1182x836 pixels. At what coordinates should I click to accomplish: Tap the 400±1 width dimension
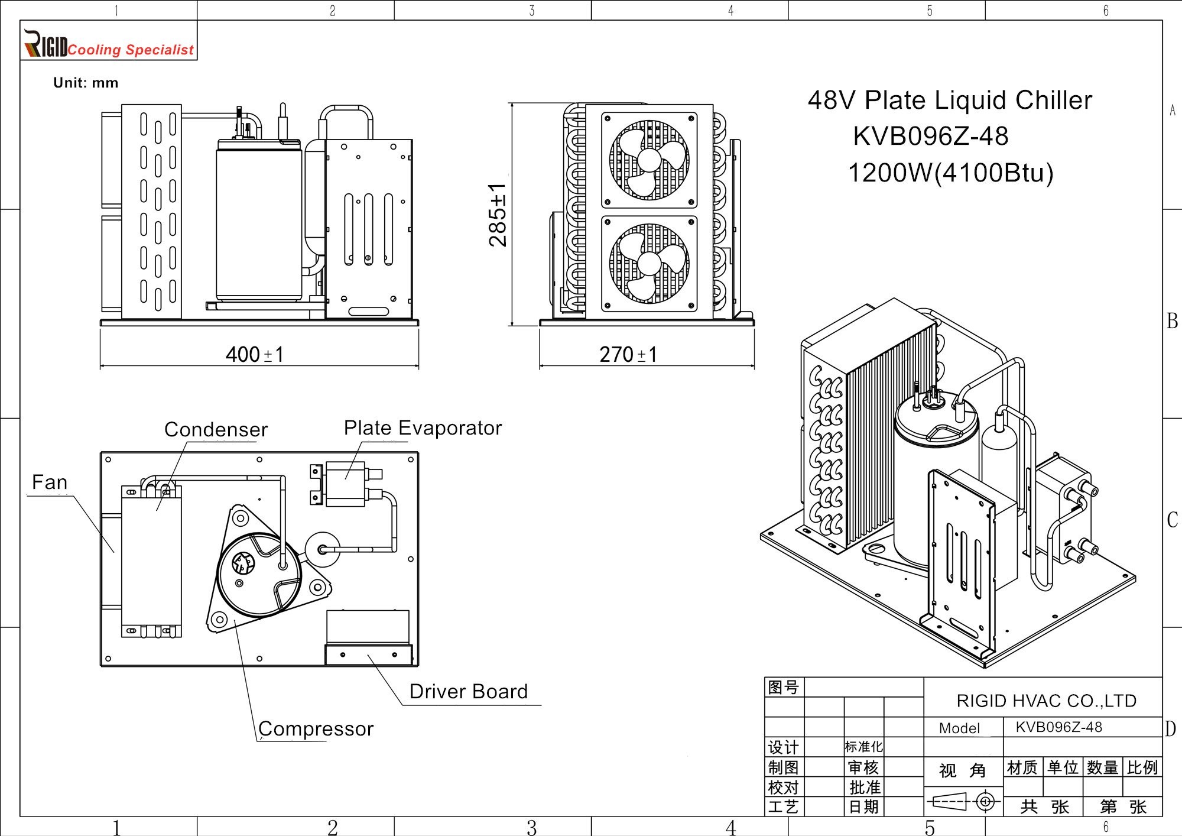(255, 355)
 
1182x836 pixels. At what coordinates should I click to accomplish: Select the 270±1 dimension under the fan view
(628, 355)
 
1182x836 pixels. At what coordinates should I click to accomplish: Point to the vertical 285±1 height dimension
(498, 215)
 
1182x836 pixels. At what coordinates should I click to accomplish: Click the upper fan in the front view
(649, 160)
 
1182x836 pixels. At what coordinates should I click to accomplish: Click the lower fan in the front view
(649, 264)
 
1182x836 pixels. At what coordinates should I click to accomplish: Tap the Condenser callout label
(216, 429)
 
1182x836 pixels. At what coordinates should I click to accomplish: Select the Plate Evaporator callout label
(423, 427)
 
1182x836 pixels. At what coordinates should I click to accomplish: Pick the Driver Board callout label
(469, 691)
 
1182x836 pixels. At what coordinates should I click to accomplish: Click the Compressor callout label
(316, 729)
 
